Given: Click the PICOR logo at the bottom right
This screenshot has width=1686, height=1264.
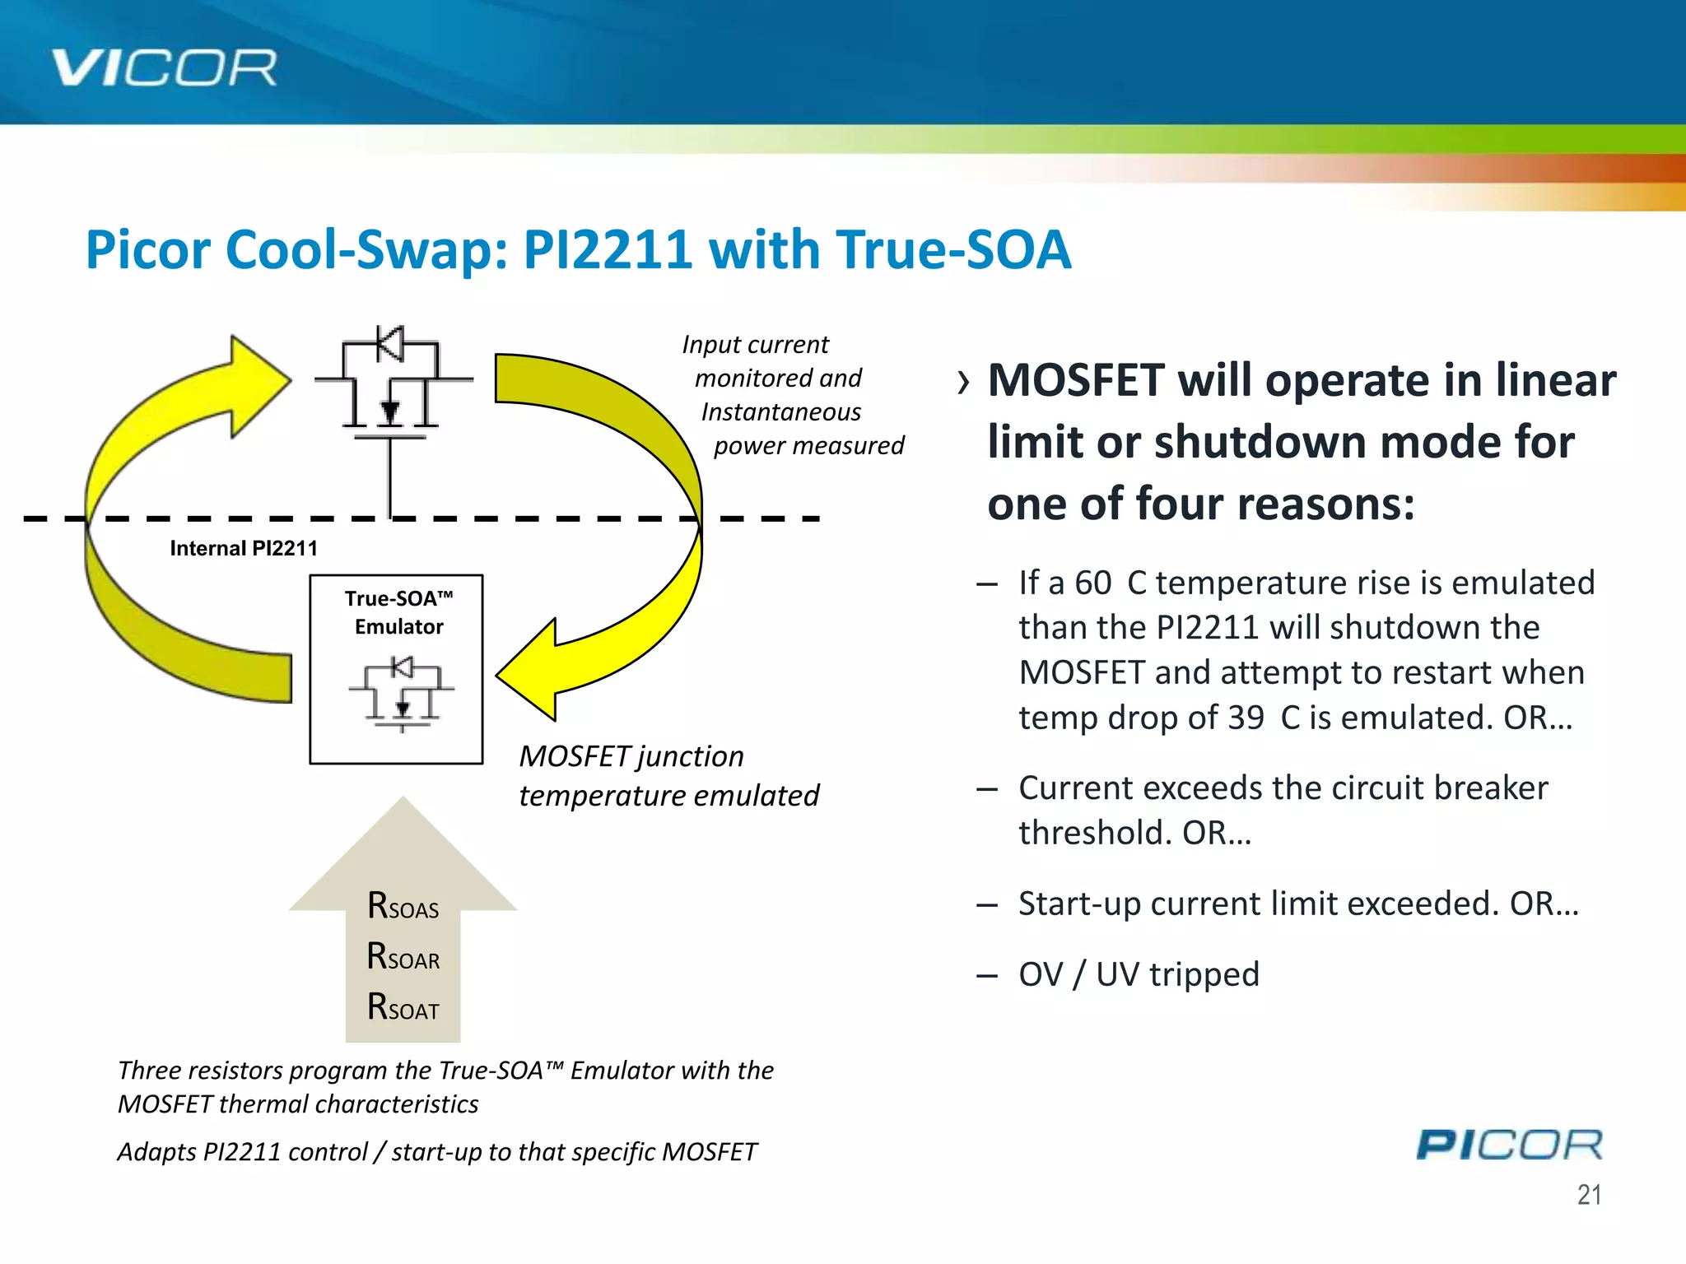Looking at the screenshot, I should tap(1509, 1145).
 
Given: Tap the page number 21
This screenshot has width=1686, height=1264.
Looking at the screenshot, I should tap(1589, 1194).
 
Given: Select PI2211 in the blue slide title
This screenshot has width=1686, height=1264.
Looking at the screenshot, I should tap(607, 249).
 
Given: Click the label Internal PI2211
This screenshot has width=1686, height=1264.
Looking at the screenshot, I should tap(244, 548).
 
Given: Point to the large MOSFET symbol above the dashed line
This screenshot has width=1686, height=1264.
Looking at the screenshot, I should tap(392, 383).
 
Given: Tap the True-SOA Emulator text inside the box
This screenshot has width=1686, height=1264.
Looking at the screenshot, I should tap(398, 612).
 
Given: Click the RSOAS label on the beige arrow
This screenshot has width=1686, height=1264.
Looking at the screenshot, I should tap(403, 906).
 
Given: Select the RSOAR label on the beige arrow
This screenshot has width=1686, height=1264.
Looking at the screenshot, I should tap(403, 957).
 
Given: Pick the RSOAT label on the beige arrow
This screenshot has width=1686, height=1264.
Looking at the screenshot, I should tap(403, 1007).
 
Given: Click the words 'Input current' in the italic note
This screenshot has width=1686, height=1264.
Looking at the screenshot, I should tap(755, 344).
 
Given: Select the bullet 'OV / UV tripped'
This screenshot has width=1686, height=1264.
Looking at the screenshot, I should tap(1139, 974).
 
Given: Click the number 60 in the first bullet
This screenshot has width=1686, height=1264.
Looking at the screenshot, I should tap(1093, 583).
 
